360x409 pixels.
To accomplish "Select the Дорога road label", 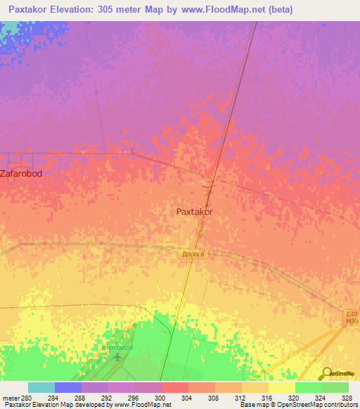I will (x=193, y=254).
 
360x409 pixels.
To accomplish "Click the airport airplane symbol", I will (x=117, y=356).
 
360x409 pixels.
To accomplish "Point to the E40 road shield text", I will (x=351, y=314).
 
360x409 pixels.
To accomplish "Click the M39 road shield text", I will (x=351, y=322).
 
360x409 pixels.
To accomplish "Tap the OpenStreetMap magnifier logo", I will (x=328, y=372).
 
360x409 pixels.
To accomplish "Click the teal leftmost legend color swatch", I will (x=41, y=387).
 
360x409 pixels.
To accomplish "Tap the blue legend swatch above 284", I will (x=68, y=387).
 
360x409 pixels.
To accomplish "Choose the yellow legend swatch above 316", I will (x=255, y=387).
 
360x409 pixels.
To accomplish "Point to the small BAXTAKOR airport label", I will (x=116, y=348).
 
